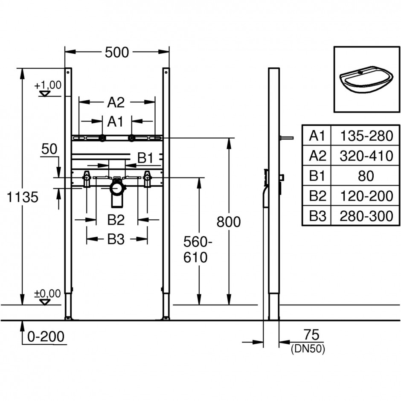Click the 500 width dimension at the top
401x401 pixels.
[117, 52]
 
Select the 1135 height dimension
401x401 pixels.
[22, 197]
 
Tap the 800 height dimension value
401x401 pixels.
[228, 222]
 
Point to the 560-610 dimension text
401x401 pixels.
[198, 250]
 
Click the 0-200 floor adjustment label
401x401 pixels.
[46, 337]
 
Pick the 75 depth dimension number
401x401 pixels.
[311, 334]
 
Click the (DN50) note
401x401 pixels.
[308, 349]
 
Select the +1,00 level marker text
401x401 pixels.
[48, 85]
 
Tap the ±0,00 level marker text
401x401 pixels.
[48, 293]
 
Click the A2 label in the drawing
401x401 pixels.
[116, 102]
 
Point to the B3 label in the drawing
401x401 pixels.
[116, 239]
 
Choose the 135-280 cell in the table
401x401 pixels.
[366, 136]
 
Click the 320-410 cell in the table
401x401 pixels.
[366, 156]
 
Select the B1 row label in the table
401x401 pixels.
[317, 176]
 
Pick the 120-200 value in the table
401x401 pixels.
[366, 196]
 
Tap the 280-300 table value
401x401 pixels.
[366, 216]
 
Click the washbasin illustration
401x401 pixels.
[366, 80]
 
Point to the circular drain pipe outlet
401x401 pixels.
[118, 189]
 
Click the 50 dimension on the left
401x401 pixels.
[49, 149]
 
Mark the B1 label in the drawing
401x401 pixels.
[145, 158]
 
